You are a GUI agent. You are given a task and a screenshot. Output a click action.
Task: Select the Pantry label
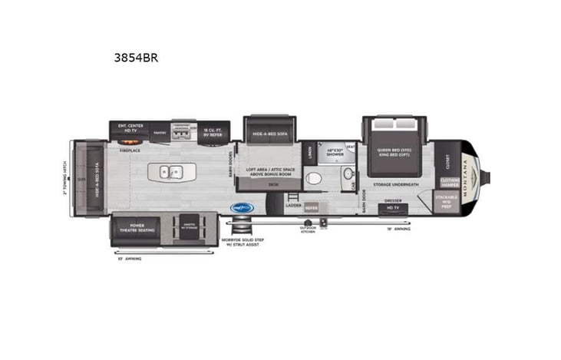160,133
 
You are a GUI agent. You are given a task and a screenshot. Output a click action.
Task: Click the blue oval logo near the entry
243,207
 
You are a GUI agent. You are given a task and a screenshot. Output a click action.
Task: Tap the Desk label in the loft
272,184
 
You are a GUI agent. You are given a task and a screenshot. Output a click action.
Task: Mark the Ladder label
293,206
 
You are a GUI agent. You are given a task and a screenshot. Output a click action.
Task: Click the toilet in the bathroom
313,179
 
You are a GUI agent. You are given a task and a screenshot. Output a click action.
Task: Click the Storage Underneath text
395,184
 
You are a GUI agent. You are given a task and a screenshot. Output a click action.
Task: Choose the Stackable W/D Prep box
447,202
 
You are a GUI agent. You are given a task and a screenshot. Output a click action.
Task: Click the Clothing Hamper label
449,183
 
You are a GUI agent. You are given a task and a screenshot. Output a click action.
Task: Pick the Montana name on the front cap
469,179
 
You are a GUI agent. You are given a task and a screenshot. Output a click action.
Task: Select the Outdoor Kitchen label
308,230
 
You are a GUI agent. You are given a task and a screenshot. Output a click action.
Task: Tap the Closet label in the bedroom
447,162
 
